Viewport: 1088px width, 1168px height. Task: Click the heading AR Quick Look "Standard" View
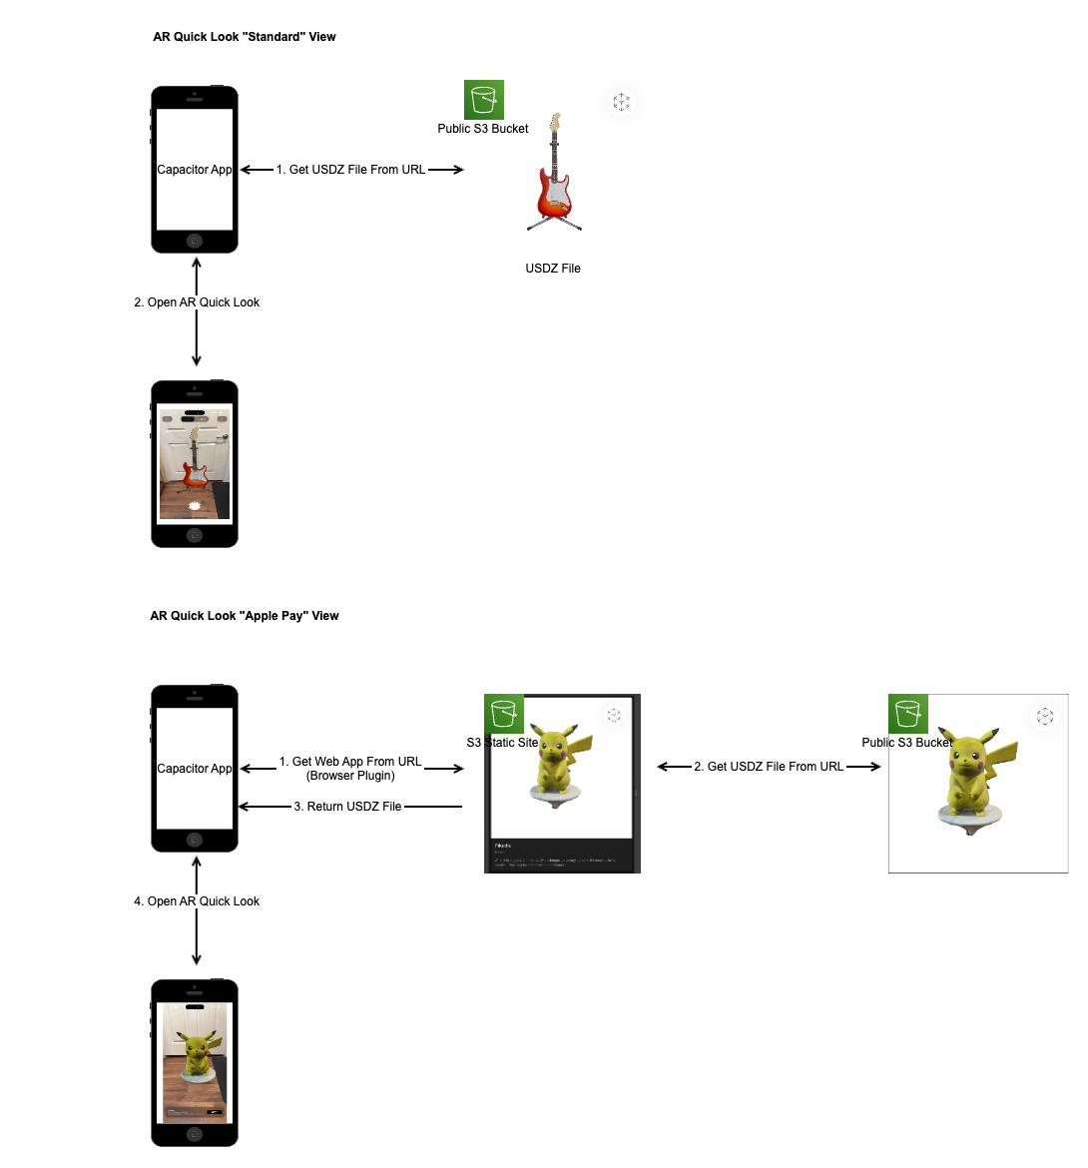tap(244, 37)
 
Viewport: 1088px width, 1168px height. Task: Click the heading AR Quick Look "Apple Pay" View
tap(244, 616)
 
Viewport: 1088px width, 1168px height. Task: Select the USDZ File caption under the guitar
tap(553, 269)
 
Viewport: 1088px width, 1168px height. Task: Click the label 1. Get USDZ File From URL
tap(350, 170)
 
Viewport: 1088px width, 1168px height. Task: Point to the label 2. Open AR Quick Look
tap(197, 302)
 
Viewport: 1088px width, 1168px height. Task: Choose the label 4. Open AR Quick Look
tap(197, 901)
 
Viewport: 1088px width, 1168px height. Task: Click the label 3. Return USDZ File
tap(347, 807)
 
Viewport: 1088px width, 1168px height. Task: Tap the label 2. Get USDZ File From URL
tap(769, 767)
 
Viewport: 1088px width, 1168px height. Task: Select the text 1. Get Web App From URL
tap(350, 762)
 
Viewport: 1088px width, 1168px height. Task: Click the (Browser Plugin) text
tap(350, 776)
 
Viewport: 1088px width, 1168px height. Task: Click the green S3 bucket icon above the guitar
tap(484, 100)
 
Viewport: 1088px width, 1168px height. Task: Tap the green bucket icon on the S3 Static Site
tap(504, 714)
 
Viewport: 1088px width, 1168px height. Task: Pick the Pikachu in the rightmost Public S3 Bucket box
tap(972, 779)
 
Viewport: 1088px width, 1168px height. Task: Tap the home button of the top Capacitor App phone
tap(195, 241)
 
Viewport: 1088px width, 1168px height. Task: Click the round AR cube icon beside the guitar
tap(621, 102)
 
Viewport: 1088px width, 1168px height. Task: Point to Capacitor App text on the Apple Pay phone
tap(195, 769)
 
